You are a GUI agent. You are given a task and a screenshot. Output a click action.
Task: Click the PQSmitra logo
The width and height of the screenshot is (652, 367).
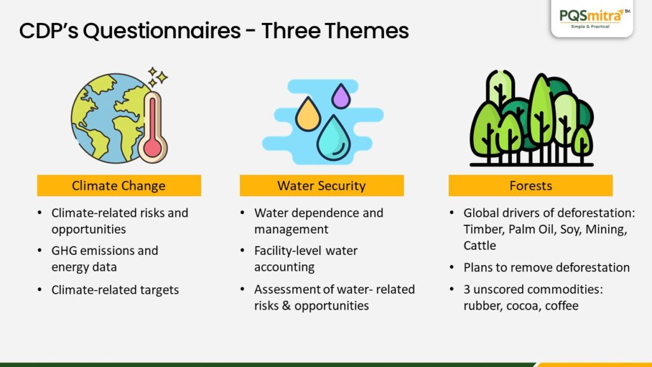click(592, 18)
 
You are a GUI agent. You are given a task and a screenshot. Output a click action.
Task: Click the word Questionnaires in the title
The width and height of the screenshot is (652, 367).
click(162, 31)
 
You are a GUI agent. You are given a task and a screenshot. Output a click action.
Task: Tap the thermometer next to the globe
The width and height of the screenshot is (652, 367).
click(153, 127)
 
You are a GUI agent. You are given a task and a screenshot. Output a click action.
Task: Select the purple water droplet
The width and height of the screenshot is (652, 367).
click(341, 96)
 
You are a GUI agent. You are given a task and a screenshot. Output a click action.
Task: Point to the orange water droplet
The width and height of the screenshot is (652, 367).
click(308, 114)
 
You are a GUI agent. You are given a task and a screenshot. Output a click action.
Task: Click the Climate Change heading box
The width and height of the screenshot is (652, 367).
click(119, 185)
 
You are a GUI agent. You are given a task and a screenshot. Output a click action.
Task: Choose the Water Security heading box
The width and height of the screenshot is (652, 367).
click(322, 185)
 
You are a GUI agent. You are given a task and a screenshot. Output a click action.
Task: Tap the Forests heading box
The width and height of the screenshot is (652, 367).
click(530, 185)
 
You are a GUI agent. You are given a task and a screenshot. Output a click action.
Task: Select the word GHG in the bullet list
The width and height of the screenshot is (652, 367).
click(64, 251)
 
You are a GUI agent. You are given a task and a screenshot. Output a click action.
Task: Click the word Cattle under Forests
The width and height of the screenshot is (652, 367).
click(480, 245)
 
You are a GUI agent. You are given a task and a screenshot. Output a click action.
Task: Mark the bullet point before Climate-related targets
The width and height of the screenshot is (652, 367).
click(40, 290)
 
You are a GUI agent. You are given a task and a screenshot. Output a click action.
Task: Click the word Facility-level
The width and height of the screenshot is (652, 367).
click(288, 251)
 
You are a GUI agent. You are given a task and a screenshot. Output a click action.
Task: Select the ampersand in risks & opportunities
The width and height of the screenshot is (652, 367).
click(286, 306)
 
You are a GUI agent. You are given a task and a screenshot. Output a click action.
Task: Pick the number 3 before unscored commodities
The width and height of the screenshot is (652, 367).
click(467, 289)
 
